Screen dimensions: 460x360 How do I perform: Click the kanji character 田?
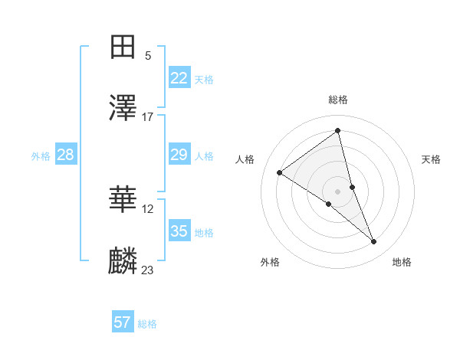tap(123, 47)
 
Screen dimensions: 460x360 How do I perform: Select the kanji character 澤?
tap(123, 108)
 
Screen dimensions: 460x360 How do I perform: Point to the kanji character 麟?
tap(123, 260)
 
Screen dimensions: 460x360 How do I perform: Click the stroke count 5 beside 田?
tap(148, 55)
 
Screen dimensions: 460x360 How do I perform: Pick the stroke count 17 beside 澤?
tap(148, 116)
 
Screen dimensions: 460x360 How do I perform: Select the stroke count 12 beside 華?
tap(148, 208)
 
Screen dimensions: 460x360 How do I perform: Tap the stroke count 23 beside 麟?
tap(148, 270)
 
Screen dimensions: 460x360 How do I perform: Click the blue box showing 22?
tap(179, 78)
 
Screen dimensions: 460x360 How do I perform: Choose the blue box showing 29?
tap(179, 155)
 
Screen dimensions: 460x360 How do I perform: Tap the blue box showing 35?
tap(179, 231)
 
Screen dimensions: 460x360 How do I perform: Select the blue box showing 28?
tap(65, 155)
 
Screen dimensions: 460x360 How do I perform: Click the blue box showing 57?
tap(123, 322)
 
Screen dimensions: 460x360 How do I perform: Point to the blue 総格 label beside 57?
tap(147, 324)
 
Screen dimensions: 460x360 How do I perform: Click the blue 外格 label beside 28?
tap(41, 156)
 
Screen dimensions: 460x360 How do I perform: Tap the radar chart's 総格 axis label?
tap(338, 100)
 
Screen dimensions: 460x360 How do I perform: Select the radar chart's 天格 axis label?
tap(432, 159)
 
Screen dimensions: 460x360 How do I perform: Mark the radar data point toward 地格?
tap(374, 242)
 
